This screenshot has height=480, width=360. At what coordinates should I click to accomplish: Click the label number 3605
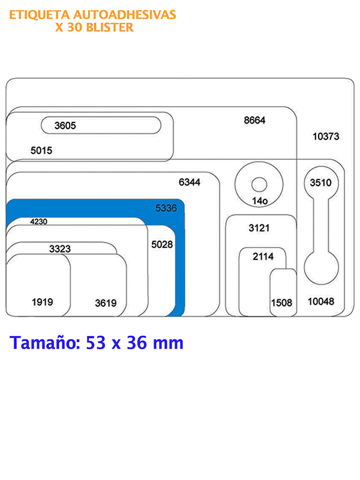tap(65, 125)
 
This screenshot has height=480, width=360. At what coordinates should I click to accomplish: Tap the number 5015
tap(41, 151)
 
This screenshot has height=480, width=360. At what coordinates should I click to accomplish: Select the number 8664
tap(254, 121)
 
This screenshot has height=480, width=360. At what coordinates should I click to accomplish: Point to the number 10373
tap(326, 137)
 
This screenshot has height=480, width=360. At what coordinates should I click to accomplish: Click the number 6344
tap(190, 182)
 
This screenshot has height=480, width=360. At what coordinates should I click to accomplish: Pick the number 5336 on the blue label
tap(166, 208)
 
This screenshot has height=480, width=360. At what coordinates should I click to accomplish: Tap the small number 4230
tap(38, 221)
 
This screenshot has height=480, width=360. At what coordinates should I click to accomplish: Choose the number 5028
tap(162, 245)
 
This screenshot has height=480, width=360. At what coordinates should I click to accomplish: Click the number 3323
tap(60, 249)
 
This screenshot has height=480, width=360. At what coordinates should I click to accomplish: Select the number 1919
tap(42, 302)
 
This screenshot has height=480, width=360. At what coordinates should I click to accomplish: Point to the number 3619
tap(106, 304)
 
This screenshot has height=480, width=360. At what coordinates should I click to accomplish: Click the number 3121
tap(259, 228)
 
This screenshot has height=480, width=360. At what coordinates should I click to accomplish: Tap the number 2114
tap(263, 257)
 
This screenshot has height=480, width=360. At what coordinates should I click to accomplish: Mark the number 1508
tap(281, 303)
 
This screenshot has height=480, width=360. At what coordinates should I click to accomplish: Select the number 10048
tap(321, 302)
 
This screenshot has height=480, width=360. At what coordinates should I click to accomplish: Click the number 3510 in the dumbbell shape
tap(320, 183)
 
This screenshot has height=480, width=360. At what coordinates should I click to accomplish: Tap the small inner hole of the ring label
tap(259, 185)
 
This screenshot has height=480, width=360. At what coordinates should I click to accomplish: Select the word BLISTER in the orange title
tap(110, 28)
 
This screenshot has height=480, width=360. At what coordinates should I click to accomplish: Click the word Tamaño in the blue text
tap(44, 343)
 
